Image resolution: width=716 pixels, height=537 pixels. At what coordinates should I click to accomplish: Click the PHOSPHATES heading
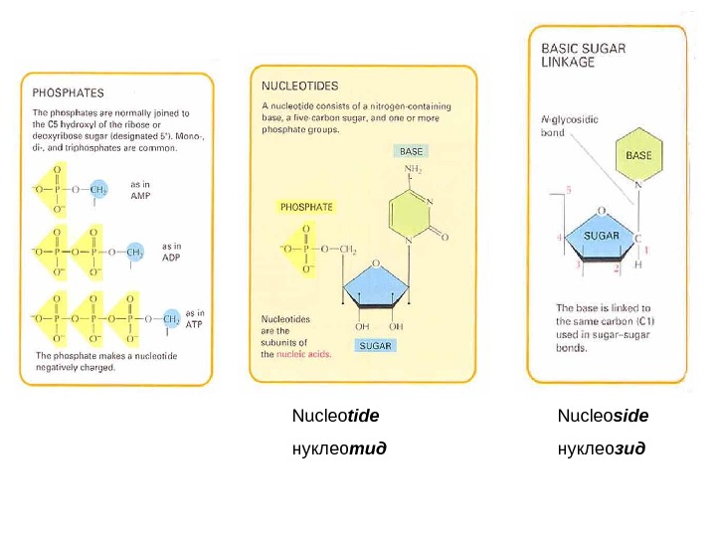pos(69,92)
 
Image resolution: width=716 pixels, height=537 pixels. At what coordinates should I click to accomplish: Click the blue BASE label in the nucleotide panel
pos(411,151)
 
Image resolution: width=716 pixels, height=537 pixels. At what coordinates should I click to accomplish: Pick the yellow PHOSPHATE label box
pos(306,208)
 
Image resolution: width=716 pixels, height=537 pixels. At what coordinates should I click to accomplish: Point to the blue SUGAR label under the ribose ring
pos(376,346)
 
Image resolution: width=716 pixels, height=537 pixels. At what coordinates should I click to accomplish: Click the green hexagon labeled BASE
pos(638,155)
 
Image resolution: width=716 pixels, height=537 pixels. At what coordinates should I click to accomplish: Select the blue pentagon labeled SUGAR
pos(601,238)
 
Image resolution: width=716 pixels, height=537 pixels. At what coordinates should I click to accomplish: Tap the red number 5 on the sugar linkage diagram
pos(568,189)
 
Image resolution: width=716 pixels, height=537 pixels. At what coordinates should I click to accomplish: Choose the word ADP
pos(173,257)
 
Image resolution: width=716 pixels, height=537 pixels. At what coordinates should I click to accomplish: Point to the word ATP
pos(195,324)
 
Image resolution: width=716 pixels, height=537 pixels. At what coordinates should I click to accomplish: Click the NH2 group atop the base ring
pos(413,171)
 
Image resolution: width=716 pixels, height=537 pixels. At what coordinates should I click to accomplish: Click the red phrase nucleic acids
pos(303,354)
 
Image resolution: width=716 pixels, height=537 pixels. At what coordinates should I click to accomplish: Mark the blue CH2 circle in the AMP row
pos(99,189)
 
